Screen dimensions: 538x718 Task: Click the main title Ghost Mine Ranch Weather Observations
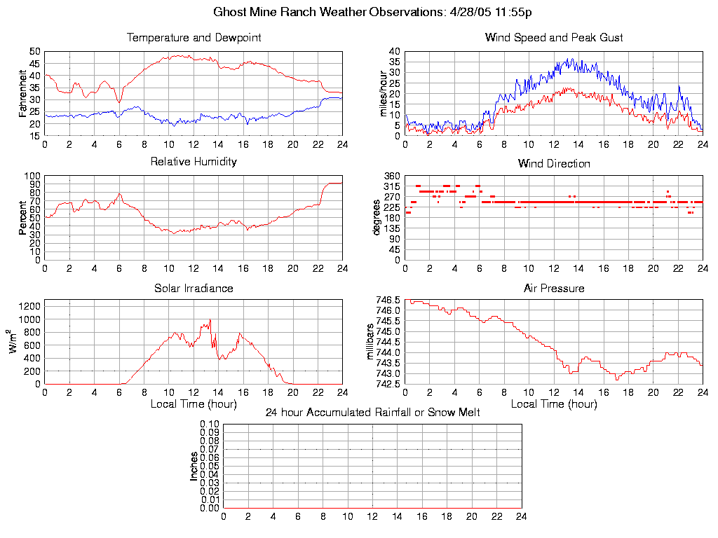coord(358,12)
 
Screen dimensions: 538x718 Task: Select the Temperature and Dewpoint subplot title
coord(194,38)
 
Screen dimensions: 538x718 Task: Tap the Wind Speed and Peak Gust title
coord(554,38)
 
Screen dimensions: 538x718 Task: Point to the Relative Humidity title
coord(194,162)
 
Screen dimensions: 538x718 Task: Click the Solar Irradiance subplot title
coord(194,288)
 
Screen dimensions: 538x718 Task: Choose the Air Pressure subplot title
coord(554,288)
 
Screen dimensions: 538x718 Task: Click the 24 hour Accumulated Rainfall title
coord(372,413)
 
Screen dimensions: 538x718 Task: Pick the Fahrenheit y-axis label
coord(22,94)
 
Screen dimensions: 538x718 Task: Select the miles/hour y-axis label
coord(383,94)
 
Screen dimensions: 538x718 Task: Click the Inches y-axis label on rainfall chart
coord(194,466)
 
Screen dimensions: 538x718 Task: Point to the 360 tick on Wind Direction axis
coord(391,176)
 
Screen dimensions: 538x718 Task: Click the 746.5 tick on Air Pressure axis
coord(388,300)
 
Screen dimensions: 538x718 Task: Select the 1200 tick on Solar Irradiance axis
coord(30,305)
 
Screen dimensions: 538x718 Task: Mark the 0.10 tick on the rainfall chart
coord(210,424)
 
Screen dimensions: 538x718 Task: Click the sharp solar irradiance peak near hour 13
coord(210,320)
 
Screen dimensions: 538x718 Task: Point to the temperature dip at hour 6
coord(119,102)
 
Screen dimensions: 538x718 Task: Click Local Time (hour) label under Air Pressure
coord(554,404)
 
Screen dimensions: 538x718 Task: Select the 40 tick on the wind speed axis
coord(394,52)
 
